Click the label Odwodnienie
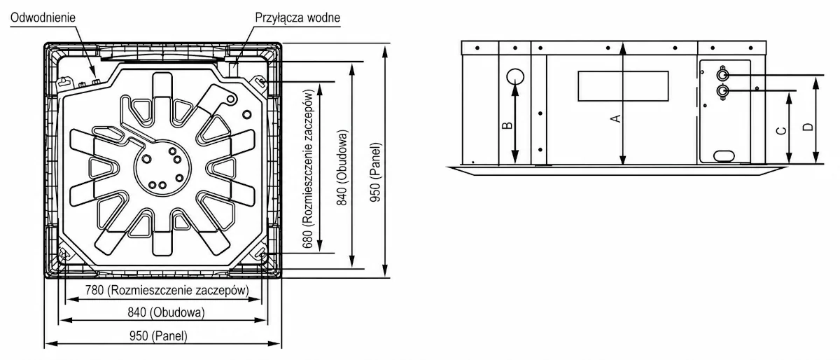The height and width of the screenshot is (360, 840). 43,18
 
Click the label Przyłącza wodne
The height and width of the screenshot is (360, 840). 297,18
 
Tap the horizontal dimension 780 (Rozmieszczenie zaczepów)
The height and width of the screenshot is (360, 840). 167,290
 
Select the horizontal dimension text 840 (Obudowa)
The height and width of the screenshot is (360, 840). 166,312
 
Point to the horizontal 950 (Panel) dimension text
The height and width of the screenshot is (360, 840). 158,335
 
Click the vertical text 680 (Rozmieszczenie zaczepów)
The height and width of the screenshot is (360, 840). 308,169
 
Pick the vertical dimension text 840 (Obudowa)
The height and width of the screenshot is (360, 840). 342,168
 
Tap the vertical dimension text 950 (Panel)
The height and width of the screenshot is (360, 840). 375,172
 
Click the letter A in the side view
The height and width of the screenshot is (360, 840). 616,118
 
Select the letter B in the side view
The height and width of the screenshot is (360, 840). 507,125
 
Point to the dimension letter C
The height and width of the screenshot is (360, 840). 781,131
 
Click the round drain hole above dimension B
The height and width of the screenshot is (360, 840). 515,77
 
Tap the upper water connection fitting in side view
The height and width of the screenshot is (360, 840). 722,75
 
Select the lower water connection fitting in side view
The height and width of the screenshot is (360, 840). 722,91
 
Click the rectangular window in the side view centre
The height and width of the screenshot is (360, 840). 623,86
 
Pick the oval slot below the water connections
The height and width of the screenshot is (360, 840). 724,155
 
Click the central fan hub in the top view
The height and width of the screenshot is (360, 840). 162,168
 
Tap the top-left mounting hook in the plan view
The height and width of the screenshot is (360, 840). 64,82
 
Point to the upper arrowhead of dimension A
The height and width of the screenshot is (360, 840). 623,48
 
